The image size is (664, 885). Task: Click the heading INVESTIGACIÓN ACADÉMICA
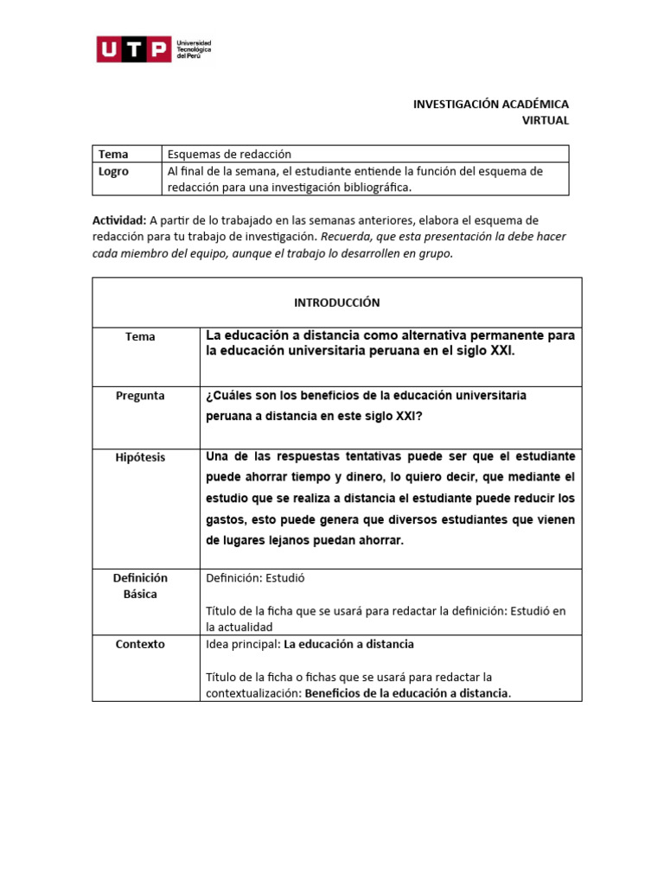[490, 104]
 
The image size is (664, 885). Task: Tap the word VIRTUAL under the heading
[545, 121]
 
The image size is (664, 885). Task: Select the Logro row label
[113, 171]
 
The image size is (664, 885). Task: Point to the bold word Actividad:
[119, 220]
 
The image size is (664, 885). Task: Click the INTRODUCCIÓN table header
[336, 302]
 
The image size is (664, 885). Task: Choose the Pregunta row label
[140, 396]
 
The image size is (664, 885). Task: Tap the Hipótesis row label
[140, 457]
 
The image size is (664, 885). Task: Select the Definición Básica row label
[140, 586]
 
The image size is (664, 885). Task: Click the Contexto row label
[140, 644]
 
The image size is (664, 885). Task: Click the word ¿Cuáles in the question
[227, 396]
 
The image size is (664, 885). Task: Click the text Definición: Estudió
[255, 578]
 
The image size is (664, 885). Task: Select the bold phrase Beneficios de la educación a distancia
[407, 693]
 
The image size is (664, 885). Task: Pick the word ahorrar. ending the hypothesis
[379, 541]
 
